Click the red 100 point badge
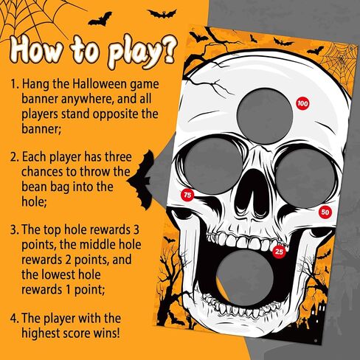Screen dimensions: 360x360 click(x=302, y=103)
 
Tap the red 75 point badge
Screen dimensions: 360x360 click(x=187, y=195)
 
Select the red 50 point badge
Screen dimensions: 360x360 click(x=325, y=212)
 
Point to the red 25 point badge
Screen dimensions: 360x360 click(x=280, y=252)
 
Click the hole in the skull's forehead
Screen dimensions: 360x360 click(x=266, y=115)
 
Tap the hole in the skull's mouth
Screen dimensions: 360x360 click(x=246, y=279)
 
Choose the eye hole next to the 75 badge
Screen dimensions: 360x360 click(x=213, y=167)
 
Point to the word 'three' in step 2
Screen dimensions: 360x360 click(x=118, y=157)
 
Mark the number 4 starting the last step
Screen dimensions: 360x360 click(x=13, y=319)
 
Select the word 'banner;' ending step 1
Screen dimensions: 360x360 click(x=41, y=128)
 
